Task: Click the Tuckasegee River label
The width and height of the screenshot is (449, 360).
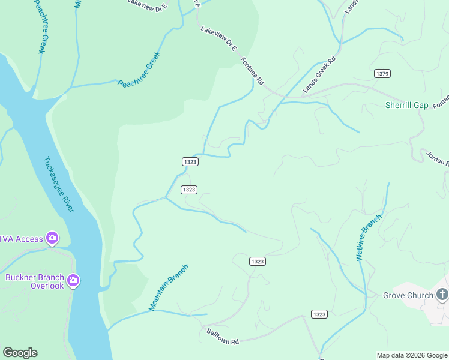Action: [x=59, y=185]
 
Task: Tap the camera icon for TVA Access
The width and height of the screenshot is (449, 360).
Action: [x=52, y=239]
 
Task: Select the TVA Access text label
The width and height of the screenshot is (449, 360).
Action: [x=21, y=239]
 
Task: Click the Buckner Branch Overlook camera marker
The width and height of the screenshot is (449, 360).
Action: [x=73, y=280]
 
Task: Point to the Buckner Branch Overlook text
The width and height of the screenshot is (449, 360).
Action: [x=35, y=281]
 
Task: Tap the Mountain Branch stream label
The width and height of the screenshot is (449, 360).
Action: [x=169, y=288]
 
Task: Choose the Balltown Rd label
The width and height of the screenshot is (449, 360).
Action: [x=223, y=337]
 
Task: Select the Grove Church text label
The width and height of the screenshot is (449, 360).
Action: [x=408, y=295]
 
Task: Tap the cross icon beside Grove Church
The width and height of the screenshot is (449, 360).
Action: [x=442, y=294]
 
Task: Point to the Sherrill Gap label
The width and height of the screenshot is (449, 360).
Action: [x=406, y=106]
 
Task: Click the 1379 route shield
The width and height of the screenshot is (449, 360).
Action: [x=382, y=73]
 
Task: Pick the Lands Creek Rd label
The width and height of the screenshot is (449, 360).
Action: [x=319, y=76]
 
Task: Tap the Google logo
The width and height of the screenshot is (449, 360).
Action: [x=20, y=353]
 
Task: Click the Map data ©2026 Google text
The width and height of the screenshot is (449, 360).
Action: [x=412, y=355]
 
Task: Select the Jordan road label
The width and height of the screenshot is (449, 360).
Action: [x=437, y=157]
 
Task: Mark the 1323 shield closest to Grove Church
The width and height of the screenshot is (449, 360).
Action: [x=319, y=314]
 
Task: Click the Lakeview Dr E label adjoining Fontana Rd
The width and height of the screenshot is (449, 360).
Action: [x=218, y=39]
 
